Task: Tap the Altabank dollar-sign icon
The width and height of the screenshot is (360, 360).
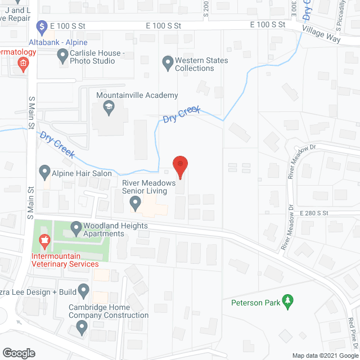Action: coord(40,26)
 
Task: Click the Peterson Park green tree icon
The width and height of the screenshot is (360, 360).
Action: coord(289,302)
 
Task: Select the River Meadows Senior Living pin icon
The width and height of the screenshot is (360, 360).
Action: coord(135,201)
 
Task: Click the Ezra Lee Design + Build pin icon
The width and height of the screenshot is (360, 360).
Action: coord(83,291)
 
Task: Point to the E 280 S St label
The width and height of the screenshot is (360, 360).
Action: coord(314,213)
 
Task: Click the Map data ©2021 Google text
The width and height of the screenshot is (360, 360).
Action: coord(325,355)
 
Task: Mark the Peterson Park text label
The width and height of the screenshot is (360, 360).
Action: coord(255,303)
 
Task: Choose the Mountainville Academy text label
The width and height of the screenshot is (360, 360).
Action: coord(137,95)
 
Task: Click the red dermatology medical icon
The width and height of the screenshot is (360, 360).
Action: coord(22,64)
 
